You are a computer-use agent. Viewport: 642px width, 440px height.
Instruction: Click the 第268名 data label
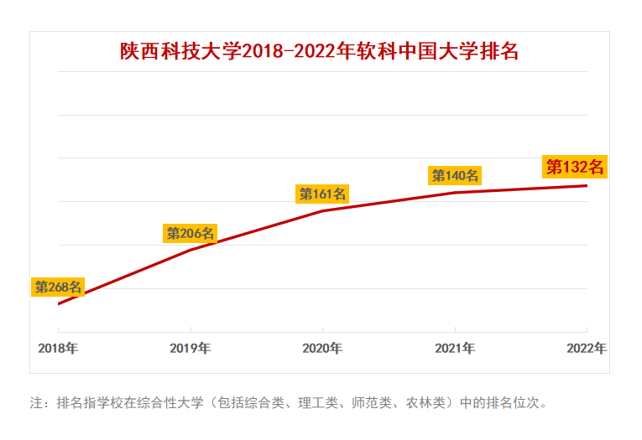58,287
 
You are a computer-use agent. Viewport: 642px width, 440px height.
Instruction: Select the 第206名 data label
191,233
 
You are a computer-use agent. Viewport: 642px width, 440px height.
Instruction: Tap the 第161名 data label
323,194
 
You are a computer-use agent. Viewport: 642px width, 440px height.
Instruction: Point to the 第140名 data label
455,175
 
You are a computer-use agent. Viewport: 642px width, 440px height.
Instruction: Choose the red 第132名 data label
575,167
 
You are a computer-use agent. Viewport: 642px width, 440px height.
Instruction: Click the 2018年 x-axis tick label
58,348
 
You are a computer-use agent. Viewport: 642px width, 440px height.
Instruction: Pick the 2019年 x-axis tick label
191,348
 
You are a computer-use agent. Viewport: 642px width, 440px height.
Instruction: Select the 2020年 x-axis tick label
322,348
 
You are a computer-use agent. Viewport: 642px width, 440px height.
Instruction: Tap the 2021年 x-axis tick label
455,348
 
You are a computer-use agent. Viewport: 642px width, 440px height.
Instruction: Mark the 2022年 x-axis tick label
587,348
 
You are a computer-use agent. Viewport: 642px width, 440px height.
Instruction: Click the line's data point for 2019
191,250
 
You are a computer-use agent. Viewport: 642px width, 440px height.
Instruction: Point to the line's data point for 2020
323,210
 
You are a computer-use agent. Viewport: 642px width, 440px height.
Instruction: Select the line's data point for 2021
455,193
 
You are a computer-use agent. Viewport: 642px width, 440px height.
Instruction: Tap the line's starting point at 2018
58,303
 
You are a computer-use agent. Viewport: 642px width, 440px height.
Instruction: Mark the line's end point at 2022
587,185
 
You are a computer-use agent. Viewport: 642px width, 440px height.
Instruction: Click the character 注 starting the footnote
36,402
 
